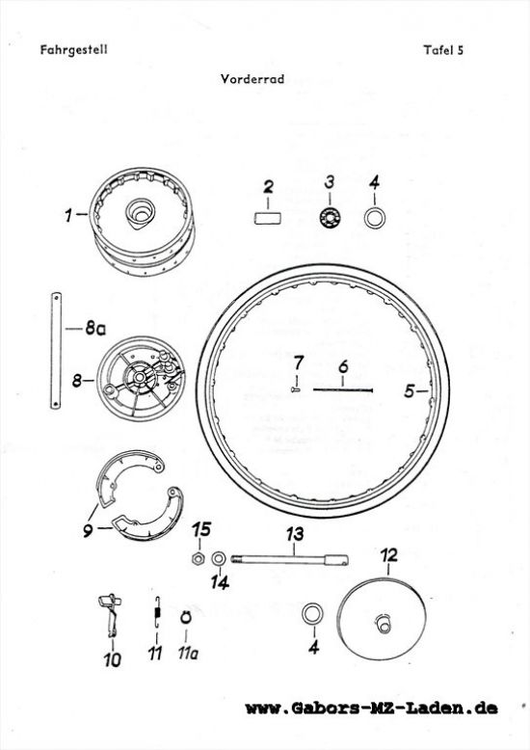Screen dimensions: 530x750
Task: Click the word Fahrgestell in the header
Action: (73, 50)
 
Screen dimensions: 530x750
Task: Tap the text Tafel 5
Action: (443, 50)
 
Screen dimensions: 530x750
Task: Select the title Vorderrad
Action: (252, 78)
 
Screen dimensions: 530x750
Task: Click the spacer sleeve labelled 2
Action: (267, 218)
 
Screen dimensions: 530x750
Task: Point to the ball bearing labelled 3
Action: (330, 218)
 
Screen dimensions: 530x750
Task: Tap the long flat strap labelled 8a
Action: (56, 351)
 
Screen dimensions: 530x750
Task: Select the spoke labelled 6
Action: (343, 389)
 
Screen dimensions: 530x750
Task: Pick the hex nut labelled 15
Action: (198, 558)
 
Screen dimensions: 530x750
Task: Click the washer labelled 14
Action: (220, 558)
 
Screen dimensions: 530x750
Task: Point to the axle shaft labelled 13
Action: (290, 559)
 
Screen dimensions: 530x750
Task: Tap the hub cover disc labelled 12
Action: (382, 619)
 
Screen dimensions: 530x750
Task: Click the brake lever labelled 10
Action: (111, 615)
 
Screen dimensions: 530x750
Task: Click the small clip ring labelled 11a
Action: (186, 618)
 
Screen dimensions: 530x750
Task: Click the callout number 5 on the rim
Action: (409, 391)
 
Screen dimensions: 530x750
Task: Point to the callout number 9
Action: (88, 530)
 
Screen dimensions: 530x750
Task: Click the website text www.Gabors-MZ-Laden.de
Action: (371, 708)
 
